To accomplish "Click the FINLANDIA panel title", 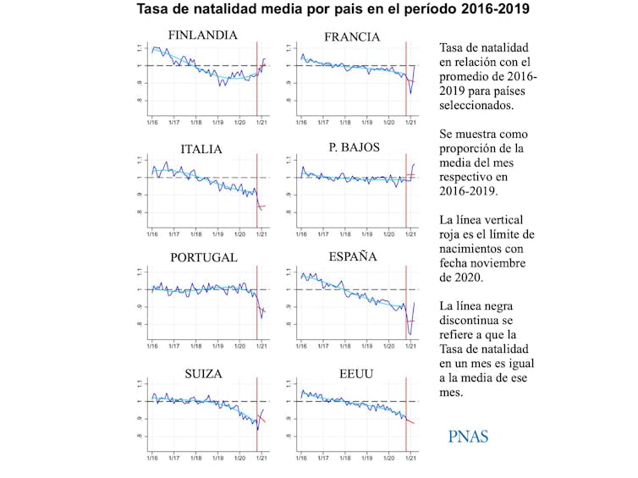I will [x=202, y=36].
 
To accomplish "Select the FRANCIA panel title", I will [x=352, y=37].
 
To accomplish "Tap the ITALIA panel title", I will [x=201, y=150].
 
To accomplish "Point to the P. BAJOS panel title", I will [x=355, y=147].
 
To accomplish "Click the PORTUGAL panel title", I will [x=203, y=258].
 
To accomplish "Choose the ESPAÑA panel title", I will [x=354, y=256].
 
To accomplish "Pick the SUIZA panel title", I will [x=203, y=373].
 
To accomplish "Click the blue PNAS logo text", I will [x=468, y=437].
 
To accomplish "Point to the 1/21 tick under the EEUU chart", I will [x=411, y=459].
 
